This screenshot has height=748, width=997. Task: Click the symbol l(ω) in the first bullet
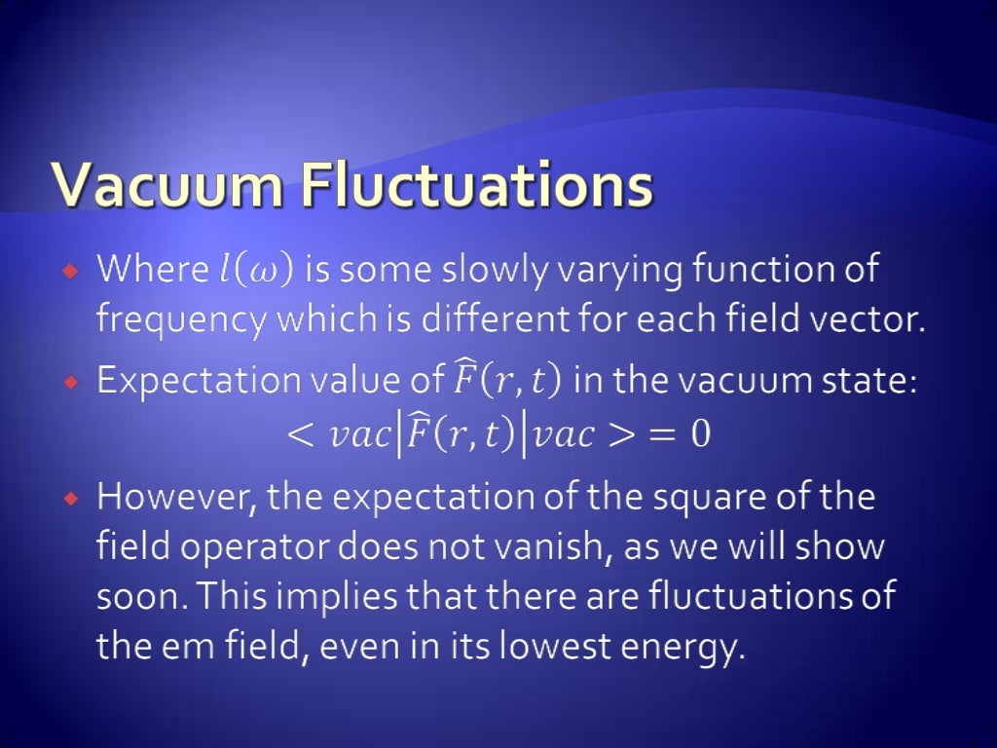click(253, 270)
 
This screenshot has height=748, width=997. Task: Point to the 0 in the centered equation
click(700, 434)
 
